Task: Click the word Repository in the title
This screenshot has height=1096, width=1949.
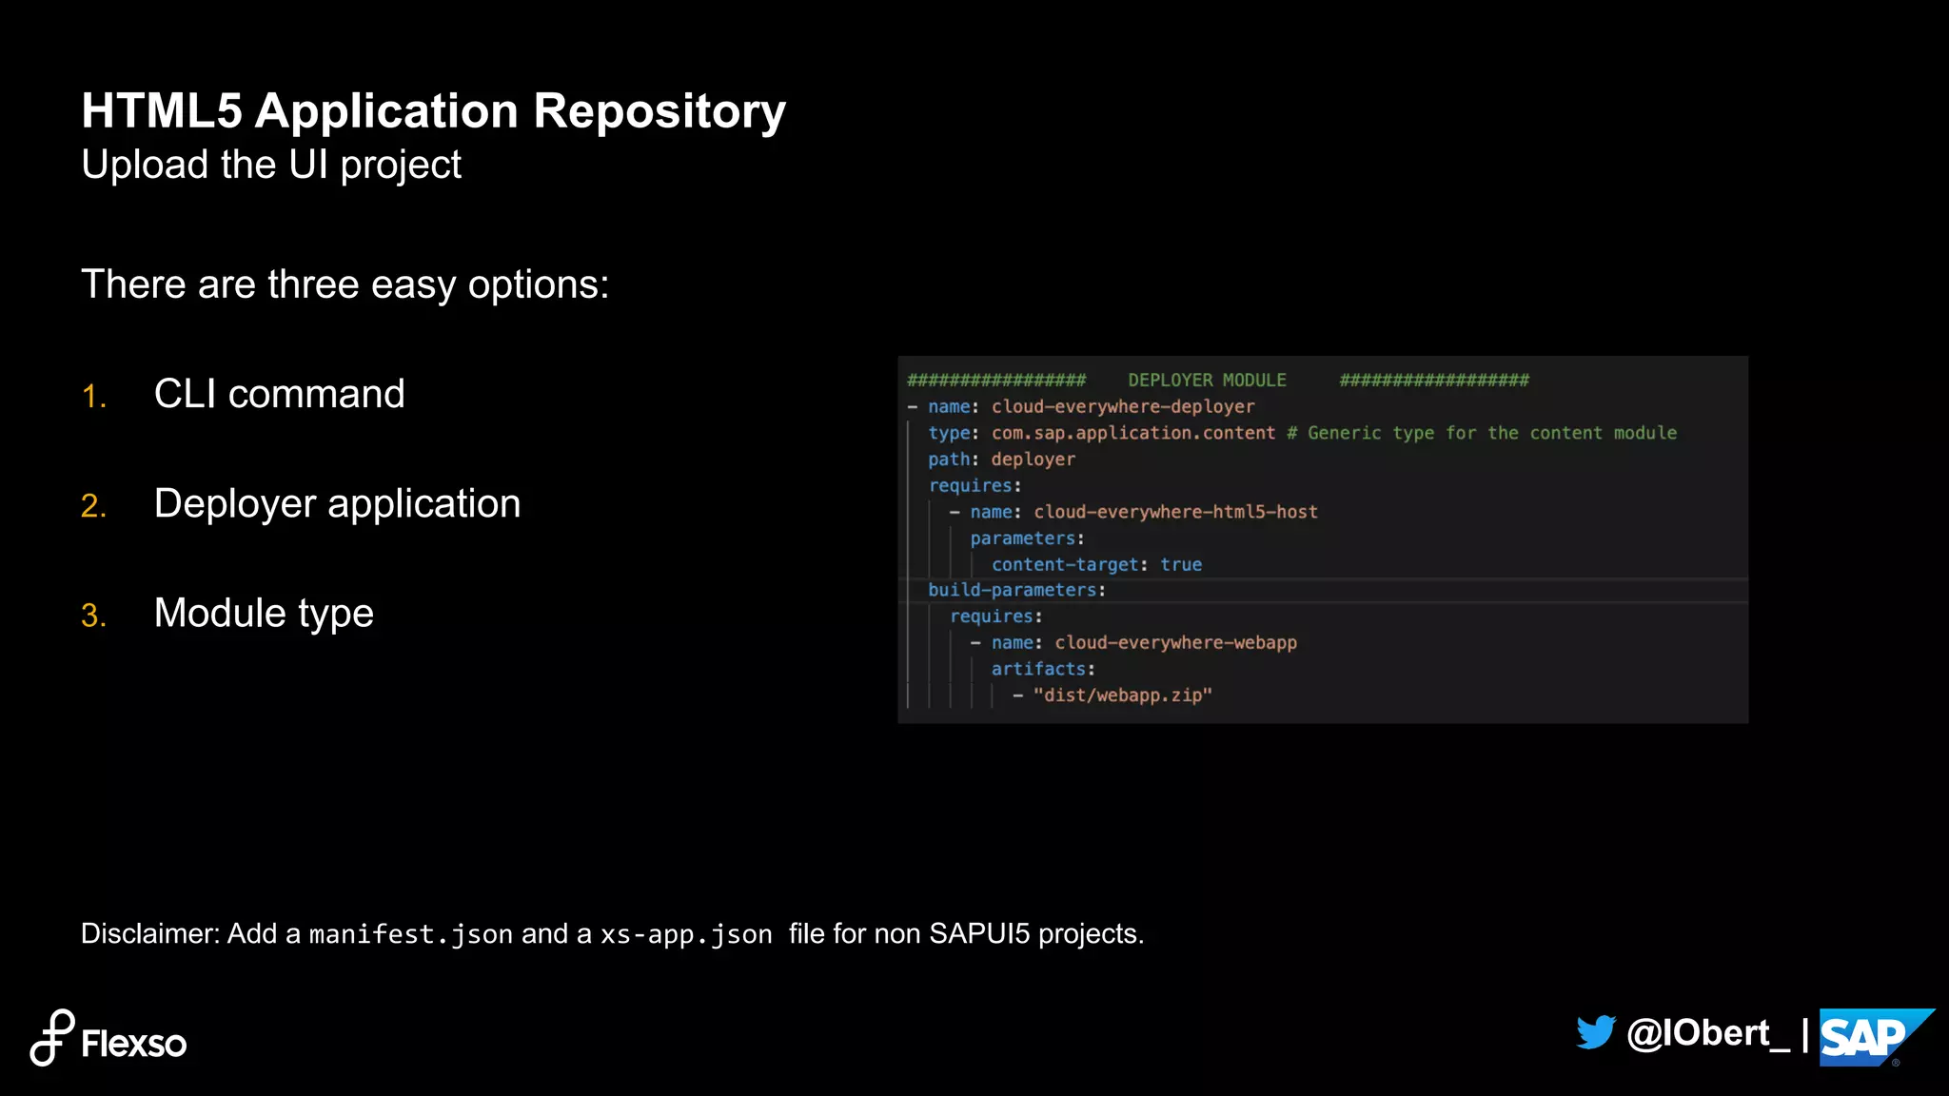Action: coord(659,112)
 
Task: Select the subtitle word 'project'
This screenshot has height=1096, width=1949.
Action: coord(401,166)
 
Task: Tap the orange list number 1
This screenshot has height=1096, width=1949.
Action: coord(93,397)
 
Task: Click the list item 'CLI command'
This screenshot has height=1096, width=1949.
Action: coord(279,394)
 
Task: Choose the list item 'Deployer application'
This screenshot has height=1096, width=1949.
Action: coord(337,504)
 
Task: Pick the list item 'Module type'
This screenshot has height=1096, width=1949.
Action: coord(264,614)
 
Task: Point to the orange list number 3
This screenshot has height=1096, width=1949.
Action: coord(93,616)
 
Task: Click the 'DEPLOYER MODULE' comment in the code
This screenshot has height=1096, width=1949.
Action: coord(1207,381)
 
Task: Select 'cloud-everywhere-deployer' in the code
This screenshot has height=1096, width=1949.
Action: coord(1123,407)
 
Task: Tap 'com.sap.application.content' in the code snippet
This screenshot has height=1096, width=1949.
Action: coord(1132,433)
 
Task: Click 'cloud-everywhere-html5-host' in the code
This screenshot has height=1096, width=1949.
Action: coord(1175,512)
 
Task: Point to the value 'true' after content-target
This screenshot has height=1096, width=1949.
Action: coord(1181,565)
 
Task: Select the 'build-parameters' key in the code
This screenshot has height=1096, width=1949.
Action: coord(1012,591)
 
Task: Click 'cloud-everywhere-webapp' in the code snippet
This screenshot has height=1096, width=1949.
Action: coord(1175,643)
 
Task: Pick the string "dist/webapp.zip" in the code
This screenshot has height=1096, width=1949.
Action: coord(1122,695)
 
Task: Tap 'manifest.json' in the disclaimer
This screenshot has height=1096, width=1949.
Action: coord(411,934)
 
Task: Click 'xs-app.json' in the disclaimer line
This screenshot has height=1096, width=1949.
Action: coord(686,934)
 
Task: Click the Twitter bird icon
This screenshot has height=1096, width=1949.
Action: coord(1596,1033)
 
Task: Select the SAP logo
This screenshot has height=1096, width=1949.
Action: coord(1870,1037)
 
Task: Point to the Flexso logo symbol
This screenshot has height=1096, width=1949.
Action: coord(52,1038)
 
